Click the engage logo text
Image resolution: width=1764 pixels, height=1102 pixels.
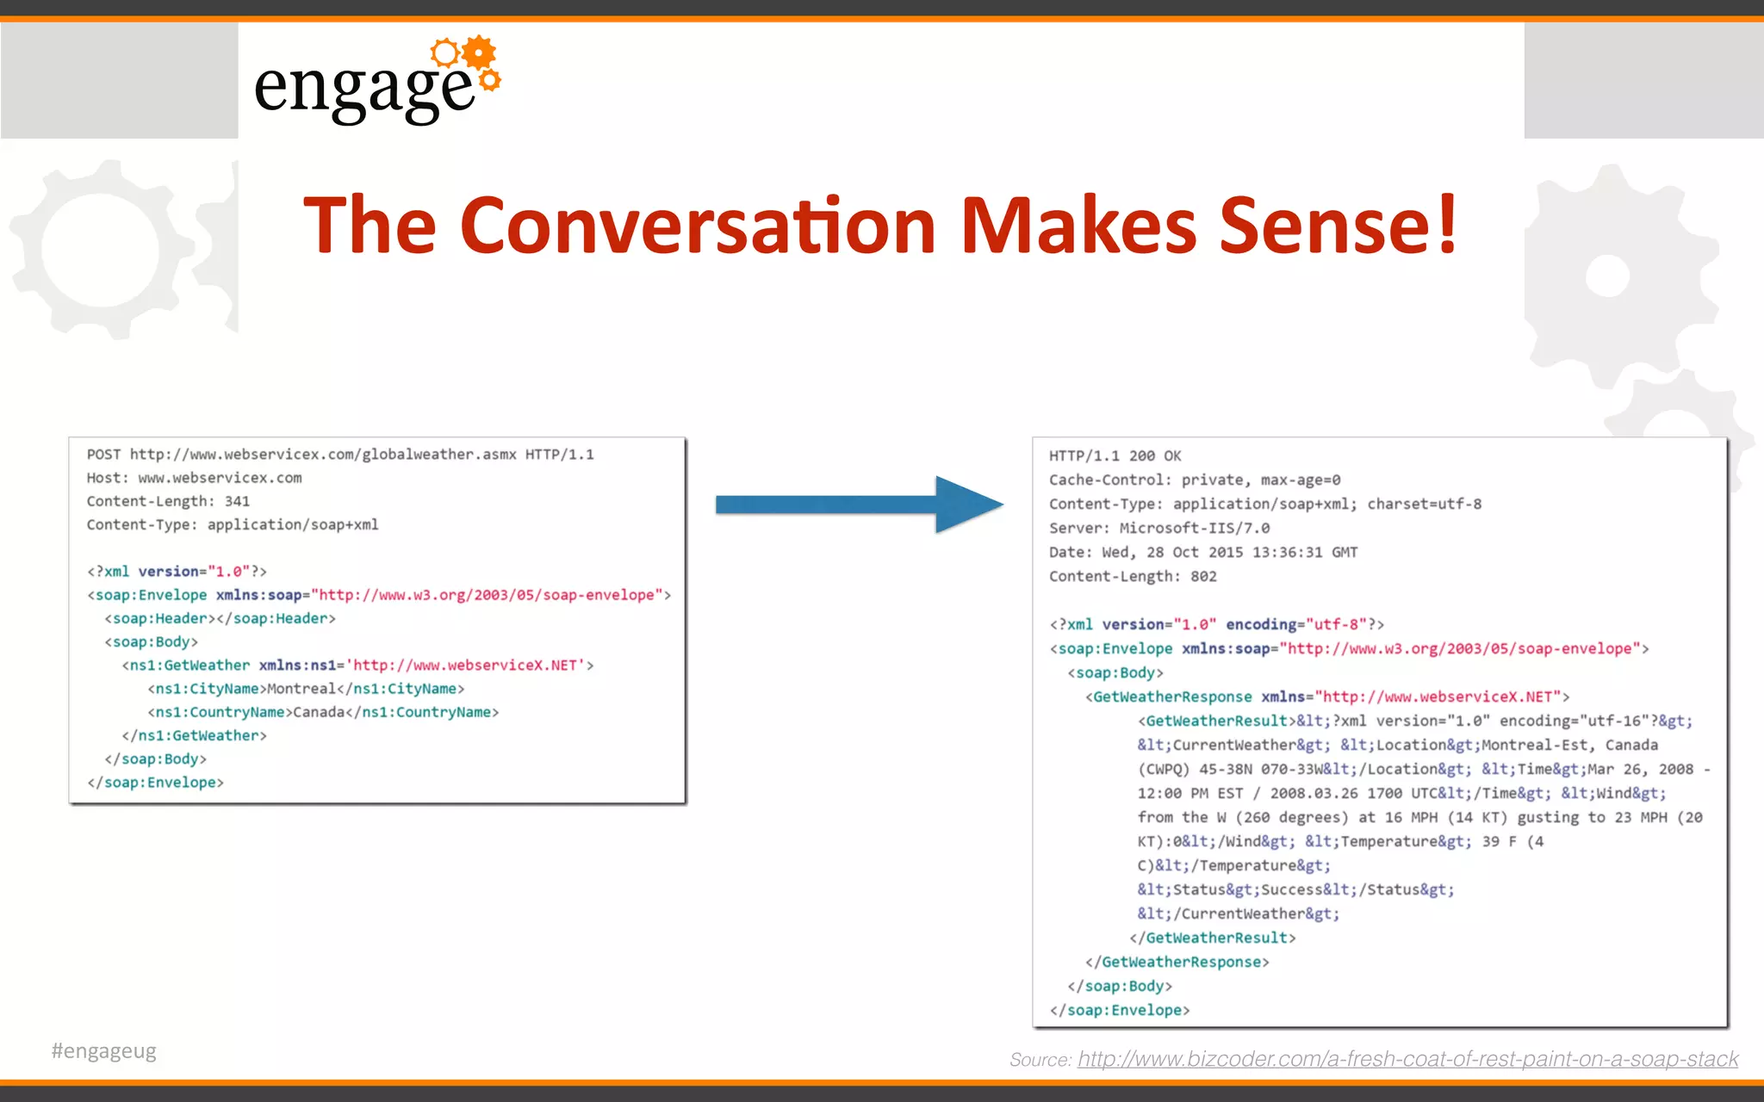(363, 90)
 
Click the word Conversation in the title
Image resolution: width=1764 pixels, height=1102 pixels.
(698, 226)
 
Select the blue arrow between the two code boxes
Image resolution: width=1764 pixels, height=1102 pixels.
(859, 505)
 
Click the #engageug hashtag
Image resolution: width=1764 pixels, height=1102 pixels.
(104, 1051)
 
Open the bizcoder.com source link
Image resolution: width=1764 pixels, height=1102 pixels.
(1407, 1059)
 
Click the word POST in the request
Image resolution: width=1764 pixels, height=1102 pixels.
(103, 455)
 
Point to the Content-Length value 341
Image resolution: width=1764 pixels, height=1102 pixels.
(237, 501)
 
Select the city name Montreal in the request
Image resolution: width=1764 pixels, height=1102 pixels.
(301, 689)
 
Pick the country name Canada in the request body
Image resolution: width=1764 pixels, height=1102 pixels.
(319, 712)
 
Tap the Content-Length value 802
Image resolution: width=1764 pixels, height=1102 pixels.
(1203, 577)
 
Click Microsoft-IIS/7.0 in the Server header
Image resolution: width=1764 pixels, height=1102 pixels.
(1194, 529)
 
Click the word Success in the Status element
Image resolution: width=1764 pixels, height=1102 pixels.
(1292, 890)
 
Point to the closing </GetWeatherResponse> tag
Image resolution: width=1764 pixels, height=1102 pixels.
(1177, 963)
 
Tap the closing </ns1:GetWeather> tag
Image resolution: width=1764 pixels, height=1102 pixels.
(194, 736)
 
